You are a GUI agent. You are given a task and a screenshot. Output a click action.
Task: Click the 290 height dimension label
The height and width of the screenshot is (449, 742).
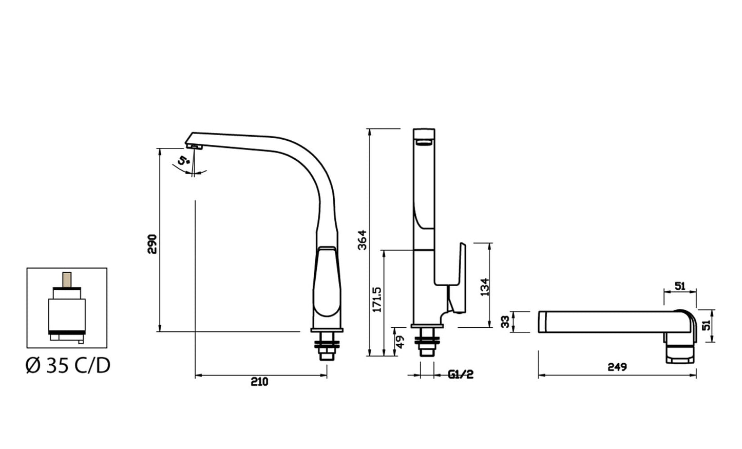click(152, 244)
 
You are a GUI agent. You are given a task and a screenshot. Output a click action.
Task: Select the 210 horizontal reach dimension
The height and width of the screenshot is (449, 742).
click(259, 382)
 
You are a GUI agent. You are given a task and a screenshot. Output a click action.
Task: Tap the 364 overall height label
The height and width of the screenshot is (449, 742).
click(362, 240)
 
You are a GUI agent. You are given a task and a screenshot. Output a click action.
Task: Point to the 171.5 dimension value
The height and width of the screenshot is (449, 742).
click(377, 300)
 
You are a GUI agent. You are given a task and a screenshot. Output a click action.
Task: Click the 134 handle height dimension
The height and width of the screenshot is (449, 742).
click(484, 287)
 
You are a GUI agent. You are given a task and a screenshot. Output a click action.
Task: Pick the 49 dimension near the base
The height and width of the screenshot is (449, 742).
click(401, 341)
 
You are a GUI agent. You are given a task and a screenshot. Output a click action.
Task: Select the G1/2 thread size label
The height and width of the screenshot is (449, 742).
click(460, 375)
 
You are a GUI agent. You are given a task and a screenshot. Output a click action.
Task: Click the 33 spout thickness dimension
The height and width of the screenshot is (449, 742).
click(506, 322)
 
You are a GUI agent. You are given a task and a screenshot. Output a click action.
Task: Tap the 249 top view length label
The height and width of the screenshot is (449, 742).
click(617, 367)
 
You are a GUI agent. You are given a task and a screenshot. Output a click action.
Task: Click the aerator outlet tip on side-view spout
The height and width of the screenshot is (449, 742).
click(196, 147)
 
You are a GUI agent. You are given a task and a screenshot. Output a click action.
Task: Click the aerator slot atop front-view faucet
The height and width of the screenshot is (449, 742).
click(424, 142)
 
